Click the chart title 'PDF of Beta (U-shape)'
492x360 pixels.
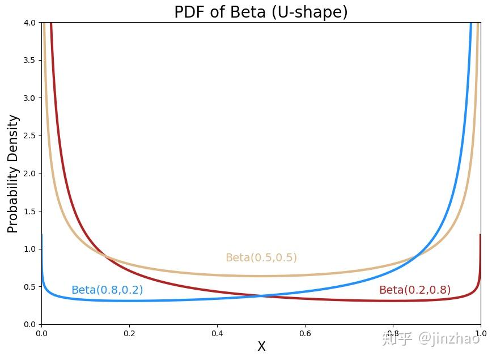(261, 12)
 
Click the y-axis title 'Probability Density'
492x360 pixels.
(13, 173)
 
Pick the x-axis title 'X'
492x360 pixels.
(261, 347)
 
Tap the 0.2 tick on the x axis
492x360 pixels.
(129, 333)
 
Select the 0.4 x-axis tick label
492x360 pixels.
(217, 333)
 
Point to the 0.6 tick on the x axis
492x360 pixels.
(305, 333)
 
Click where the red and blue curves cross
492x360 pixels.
(261, 295)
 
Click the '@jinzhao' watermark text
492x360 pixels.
(449, 339)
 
